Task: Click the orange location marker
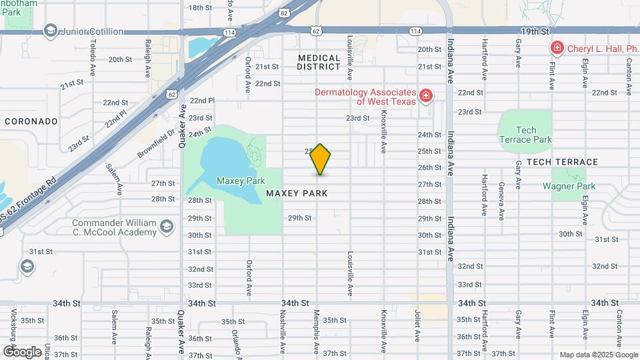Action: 321,159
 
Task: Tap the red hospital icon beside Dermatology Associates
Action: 425,97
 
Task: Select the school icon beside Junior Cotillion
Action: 49,31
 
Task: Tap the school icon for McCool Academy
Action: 167,228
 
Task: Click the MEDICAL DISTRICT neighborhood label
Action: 319,62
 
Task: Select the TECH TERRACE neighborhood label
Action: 562,162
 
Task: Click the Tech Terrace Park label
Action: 526,135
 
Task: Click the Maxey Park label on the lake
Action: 241,181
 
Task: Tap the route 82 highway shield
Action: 285,13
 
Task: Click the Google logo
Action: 22,351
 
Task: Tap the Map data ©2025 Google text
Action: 597,355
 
